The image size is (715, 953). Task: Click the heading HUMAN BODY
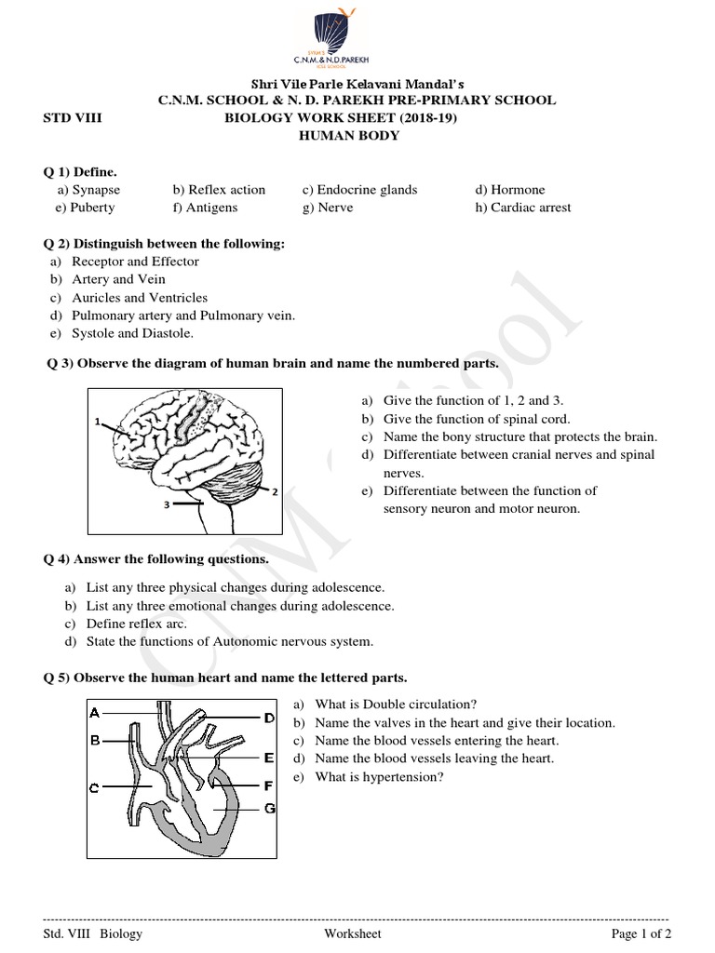coord(348,136)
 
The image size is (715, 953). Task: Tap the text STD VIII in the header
coord(74,118)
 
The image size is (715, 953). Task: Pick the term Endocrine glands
coord(359,190)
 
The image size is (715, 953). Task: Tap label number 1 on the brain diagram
coord(97,422)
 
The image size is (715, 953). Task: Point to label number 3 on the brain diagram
coord(166,505)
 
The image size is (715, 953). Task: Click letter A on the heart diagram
coord(94,714)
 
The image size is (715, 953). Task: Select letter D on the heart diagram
coord(268,718)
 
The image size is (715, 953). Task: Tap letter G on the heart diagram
coord(269,808)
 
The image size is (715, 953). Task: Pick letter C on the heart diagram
coord(94,788)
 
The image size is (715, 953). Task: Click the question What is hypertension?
coord(379,777)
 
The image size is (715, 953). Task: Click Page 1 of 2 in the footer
coord(641,934)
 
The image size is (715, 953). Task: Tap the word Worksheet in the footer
coord(353,934)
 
